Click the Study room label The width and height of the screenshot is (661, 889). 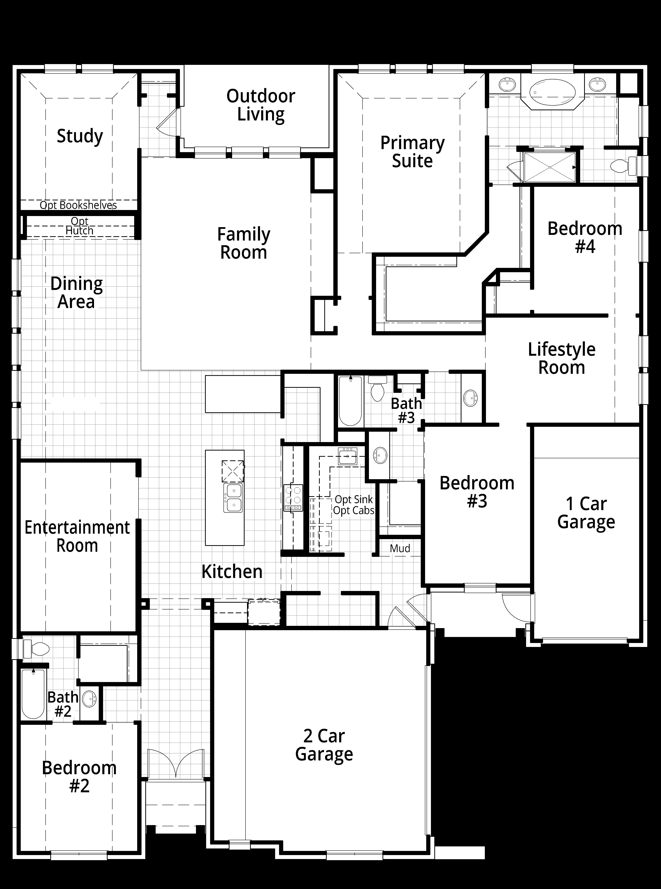click(80, 136)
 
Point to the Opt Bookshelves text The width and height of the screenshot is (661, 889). click(78, 205)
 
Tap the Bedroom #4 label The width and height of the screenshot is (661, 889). click(585, 237)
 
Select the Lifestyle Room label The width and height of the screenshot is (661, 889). click(562, 358)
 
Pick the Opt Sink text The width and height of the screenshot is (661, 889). click(354, 500)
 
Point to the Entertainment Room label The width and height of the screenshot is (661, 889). click(77, 536)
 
